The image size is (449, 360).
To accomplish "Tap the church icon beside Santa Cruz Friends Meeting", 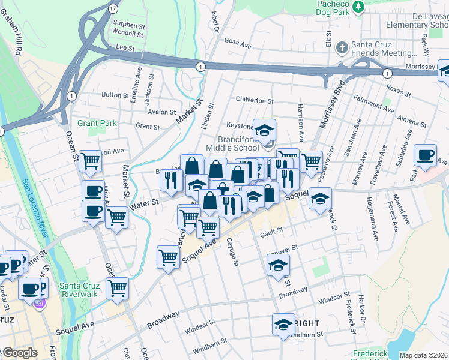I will pyautogui.click(x=342, y=47).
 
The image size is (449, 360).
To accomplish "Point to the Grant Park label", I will pyautogui.click(x=96, y=123).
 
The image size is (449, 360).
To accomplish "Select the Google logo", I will pyautogui.click(x=19, y=353).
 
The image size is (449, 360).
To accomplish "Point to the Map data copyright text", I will pyautogui.click(x=423, y=355).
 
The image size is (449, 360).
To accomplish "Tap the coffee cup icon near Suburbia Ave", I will pyautogui.click(x=426, y=155).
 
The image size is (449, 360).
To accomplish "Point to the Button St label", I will pyautogui.click(x=111, y=95).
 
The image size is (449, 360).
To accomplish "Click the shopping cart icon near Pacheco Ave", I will pyautogui.click(x=311, y=161).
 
